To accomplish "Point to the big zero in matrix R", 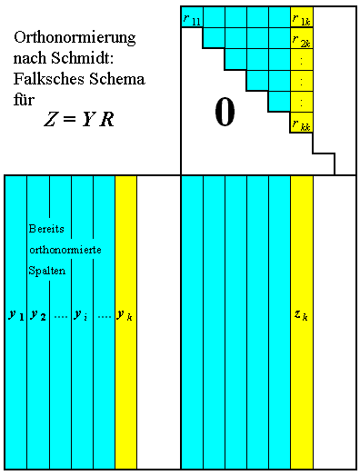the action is tap(225, 112).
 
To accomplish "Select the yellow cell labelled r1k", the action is tap(302, 17).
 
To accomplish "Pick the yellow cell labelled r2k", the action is tap(302, 41).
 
